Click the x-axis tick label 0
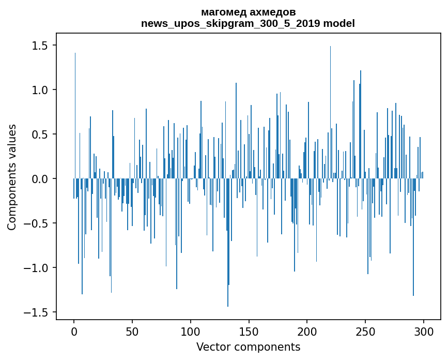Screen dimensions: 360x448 (x=74, y=332)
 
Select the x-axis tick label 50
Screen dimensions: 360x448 (x=132, y=332)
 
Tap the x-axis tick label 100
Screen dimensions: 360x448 (x=191, y=332)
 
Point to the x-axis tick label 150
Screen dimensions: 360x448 (x=249, y=332)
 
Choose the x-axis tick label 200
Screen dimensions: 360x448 (x=307, y=332)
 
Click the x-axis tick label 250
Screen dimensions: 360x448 (x=365, y=332)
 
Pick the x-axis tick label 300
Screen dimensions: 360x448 (x=424, y=332)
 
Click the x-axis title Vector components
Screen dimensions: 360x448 (x=248, y=347)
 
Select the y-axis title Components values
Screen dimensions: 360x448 (x=12, y=177)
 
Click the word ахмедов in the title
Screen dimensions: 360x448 (x=271, y=12)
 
